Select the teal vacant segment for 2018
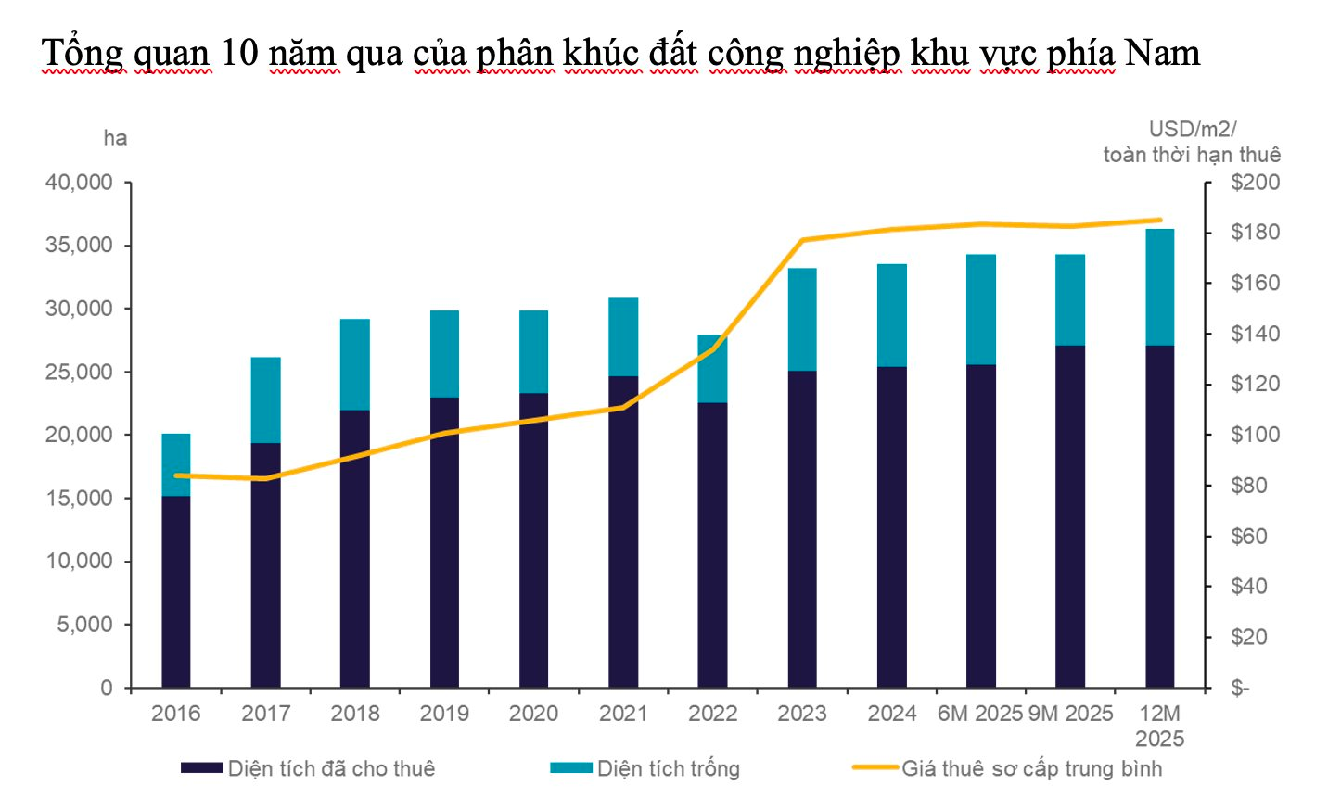coord(355,364)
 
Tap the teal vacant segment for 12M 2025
coord(1159,287)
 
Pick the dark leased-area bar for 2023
coord(802,528)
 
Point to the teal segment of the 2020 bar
coord(533,351)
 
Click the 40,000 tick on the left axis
coord(79,183)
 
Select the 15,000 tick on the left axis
coord(79,499)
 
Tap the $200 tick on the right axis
coord(1255,183)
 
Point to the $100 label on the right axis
coord(1255,435)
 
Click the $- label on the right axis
coord(1240,689)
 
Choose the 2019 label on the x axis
coord(444,714)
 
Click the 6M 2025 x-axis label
coord(979,714)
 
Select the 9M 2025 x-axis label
coord(1070,714)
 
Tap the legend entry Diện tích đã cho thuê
coord(331,768)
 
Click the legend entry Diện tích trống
coord(668,768)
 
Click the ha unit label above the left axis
coord(115,139)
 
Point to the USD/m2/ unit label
coord(1192,130)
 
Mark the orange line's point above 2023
coord(802,240)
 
